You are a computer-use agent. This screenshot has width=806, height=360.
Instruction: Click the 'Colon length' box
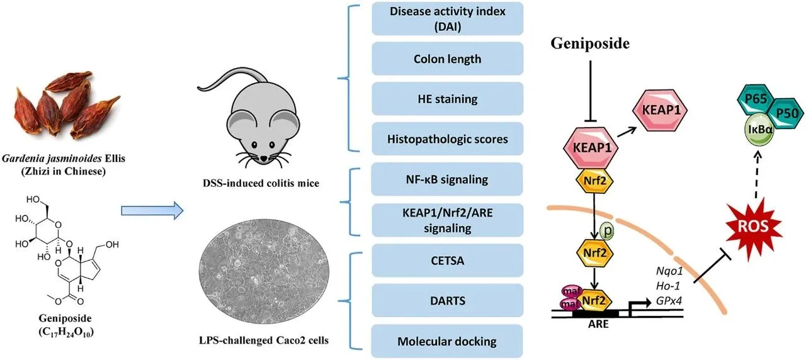(447, 59)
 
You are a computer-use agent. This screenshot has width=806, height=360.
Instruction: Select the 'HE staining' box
(447, 99)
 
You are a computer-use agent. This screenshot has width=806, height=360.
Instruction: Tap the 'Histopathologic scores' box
(447, 138)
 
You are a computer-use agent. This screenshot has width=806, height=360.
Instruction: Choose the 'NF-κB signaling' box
(447, 180)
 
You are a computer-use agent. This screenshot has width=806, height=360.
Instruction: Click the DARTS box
(447, 301)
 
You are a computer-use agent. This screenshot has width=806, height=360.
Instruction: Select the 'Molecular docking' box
(447, 341)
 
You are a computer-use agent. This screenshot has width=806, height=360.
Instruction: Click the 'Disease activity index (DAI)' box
(447, 19)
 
